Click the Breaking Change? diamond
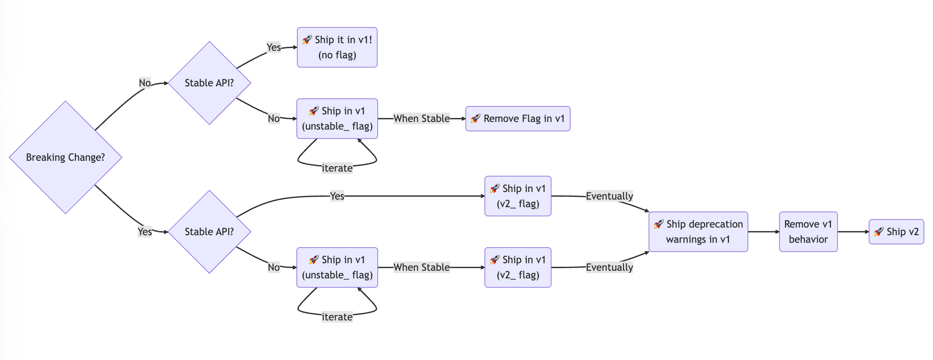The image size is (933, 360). coord(65,157)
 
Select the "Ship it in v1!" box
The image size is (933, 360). coord(337,47)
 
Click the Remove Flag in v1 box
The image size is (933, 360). coord(518,119)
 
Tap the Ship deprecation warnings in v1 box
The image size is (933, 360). coord(698,232)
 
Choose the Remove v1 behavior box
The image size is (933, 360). coord(808,232)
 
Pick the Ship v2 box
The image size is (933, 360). coord(896,232)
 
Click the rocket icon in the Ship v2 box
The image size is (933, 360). coord(879,232)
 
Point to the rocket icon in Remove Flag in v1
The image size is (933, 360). coord(475,118)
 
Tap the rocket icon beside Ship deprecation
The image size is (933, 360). coord(659,224)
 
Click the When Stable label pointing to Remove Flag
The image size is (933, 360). coord(422,119)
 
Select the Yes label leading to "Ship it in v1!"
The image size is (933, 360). coord(274,47)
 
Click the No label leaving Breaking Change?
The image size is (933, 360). coord(145,83)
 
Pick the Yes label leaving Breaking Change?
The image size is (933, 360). coord(145,232)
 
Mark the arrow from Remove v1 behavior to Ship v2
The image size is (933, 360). coord(853,232)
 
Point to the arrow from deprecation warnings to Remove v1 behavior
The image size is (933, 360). coord(763,232)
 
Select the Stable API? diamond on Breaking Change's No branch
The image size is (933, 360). coord(209,83)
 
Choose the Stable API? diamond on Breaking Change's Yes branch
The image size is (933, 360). coord(209,232)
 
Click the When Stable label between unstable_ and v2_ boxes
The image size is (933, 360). coord(422,267)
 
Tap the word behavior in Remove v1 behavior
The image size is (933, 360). coord(808,239)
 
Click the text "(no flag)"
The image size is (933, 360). coord(337,55)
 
